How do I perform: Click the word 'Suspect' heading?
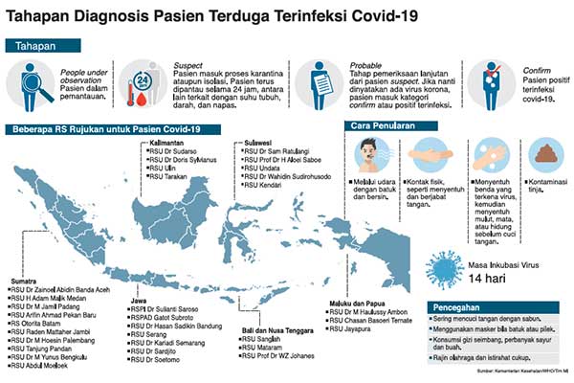[188, 66]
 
